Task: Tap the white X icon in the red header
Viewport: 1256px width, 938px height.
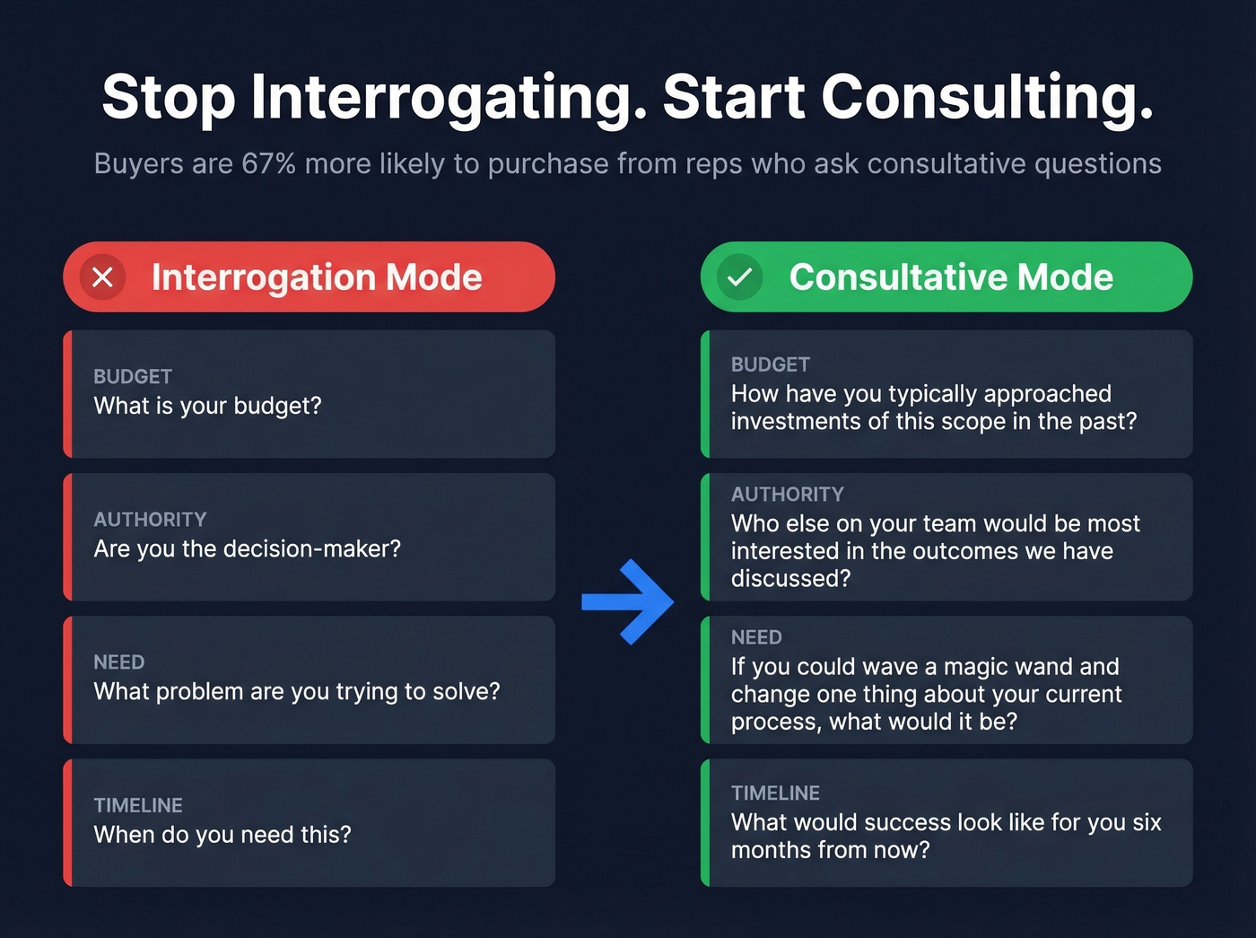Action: click(103, 277)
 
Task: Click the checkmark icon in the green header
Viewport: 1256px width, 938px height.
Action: click(739, 277)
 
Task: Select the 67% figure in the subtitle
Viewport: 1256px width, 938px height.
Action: click(268, 164)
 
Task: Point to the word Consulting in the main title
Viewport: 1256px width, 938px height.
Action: click(986, 97)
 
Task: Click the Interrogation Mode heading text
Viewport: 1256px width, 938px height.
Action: click(317, 277)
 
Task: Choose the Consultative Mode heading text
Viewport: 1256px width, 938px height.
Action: click(951, 277)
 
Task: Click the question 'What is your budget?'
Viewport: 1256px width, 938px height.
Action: click(207, 406)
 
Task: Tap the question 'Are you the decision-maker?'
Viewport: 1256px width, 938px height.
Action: click(247, 548)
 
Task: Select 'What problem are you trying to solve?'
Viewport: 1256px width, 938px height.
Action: click(297, 691)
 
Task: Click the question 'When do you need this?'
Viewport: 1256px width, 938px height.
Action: click(222, 835)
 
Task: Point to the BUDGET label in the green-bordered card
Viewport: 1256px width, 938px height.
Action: click(770, 364)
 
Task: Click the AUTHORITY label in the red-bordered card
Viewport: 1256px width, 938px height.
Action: click(150, 520)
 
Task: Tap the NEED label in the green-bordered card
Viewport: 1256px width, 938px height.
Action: click(756, 637)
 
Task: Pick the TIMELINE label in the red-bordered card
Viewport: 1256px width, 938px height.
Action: click(138, 805)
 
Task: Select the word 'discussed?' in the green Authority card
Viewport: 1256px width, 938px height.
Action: click(790, 579)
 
